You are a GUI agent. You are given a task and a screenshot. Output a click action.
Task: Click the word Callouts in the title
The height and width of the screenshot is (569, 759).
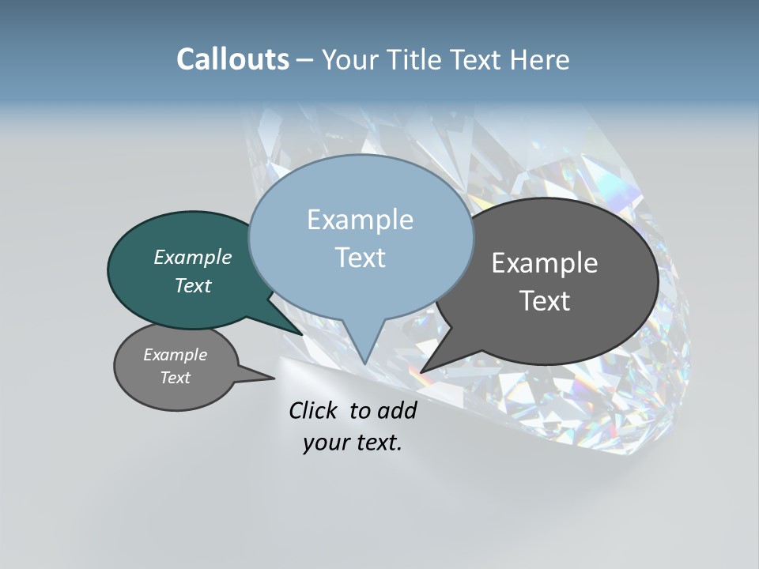tap(232, 59)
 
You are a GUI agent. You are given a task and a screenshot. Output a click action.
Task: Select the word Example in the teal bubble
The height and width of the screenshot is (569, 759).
tap(193, 257)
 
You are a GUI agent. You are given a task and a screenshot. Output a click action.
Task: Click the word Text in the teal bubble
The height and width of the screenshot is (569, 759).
tap(193, 285)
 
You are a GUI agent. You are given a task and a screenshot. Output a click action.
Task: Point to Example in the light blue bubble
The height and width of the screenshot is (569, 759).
tap(360, 220)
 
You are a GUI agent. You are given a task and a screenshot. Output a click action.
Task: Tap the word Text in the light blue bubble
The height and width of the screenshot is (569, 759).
tap(360, 258)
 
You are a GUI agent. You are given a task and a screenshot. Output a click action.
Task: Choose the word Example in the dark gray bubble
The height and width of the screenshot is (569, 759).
tap(545, 263)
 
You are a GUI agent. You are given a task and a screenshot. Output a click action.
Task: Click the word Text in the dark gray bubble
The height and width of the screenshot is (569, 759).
tap(545, 301)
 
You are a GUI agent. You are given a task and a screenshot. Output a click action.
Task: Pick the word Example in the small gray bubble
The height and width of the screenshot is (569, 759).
tap(176, 355)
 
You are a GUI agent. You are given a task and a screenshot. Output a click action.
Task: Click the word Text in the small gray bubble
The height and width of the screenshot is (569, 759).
tap(176, 378)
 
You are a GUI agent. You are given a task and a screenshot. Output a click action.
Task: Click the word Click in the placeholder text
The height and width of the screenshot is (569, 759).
tap(315, 410)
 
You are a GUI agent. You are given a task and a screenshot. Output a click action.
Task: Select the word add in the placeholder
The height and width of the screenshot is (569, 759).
tap(397, 410)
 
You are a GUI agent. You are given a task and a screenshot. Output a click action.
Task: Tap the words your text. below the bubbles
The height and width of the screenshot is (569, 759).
tap(352, 443)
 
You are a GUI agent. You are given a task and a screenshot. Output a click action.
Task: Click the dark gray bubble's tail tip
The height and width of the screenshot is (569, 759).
tap(423, 371)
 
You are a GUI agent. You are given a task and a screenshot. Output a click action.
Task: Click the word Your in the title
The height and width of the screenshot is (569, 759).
tap(352, 59)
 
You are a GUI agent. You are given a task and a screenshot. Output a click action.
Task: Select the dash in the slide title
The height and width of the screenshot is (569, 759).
tap(305, 60)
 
